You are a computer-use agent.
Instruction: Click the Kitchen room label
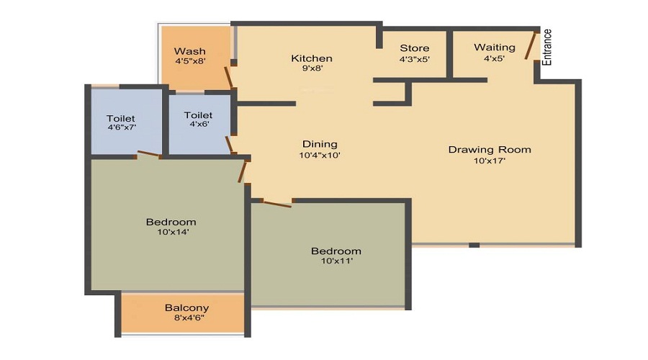coord(311,58)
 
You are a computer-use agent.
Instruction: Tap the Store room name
coord(414,48)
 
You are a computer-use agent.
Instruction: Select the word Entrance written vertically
coord(547,48)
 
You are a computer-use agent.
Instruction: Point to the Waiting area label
coord(494,48)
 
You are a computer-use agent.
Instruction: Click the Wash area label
coord(190,51)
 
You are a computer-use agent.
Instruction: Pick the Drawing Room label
coord(490,150)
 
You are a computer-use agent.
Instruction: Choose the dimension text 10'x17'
coord(490,161)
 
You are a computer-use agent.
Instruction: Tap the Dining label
coord(320,144)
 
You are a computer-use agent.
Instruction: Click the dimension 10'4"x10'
coord(320,155)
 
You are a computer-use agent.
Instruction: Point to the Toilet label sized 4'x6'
coord(198,115)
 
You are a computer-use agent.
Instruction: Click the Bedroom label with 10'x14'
coord(171,222)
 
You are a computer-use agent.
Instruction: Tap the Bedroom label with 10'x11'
coord(336,251)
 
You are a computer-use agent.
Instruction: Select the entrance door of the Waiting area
coord(531,45)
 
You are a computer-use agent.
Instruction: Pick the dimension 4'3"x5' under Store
coord(414,59)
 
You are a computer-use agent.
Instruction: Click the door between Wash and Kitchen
coord(229,77)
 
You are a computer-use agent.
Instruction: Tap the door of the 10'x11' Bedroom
coord(276,204)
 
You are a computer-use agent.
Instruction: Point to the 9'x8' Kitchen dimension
coord(311,69)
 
